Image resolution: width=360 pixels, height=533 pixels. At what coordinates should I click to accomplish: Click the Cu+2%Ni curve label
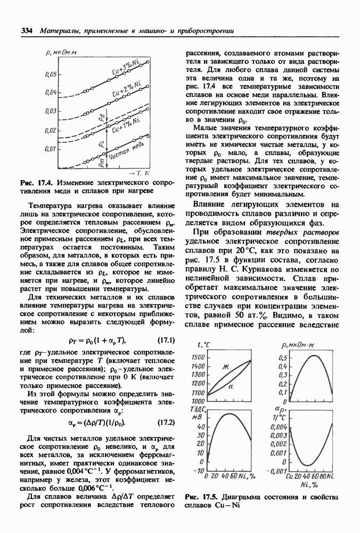click(127, 90)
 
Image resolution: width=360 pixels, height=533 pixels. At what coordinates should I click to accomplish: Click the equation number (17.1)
click(163, 340)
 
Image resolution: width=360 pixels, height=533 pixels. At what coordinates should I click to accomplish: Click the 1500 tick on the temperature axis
click(197, 357)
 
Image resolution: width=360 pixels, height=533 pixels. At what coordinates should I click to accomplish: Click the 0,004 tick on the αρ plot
click(280, 427)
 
